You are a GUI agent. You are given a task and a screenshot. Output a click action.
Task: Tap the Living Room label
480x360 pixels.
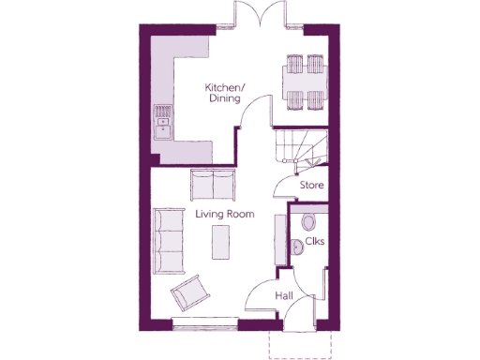point(225,215)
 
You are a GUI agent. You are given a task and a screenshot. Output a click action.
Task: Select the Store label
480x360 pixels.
point(311,186)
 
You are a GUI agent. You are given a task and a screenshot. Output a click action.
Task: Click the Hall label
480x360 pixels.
point(285,296)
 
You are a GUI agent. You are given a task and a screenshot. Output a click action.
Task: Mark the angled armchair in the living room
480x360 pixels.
point(190,294)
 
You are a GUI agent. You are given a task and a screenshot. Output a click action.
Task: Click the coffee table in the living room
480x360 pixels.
point(222,245)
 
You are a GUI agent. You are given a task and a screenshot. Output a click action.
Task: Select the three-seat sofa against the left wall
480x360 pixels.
point(168,240)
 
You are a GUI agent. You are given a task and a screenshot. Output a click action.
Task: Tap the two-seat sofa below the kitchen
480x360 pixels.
point(214,184)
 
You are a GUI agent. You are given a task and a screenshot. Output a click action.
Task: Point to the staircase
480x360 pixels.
point(298,148)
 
